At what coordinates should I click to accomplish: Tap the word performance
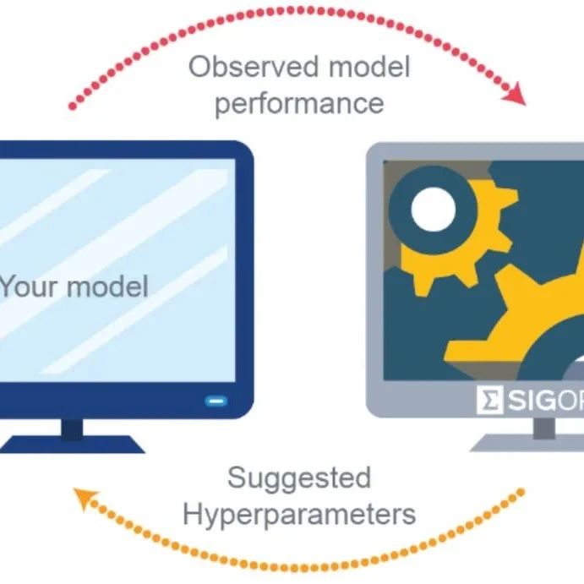298,103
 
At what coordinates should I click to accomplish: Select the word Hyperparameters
299,514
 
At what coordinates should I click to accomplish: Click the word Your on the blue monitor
30,287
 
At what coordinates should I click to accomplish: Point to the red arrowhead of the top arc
515,95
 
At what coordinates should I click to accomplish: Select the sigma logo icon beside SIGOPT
488,401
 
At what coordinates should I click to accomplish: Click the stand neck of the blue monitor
74,428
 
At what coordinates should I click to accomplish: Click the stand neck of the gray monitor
544,428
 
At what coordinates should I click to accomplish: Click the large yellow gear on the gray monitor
524,330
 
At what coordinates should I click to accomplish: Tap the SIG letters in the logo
530,401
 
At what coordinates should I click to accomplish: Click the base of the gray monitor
532,445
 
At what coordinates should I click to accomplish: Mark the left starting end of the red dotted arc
73,107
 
